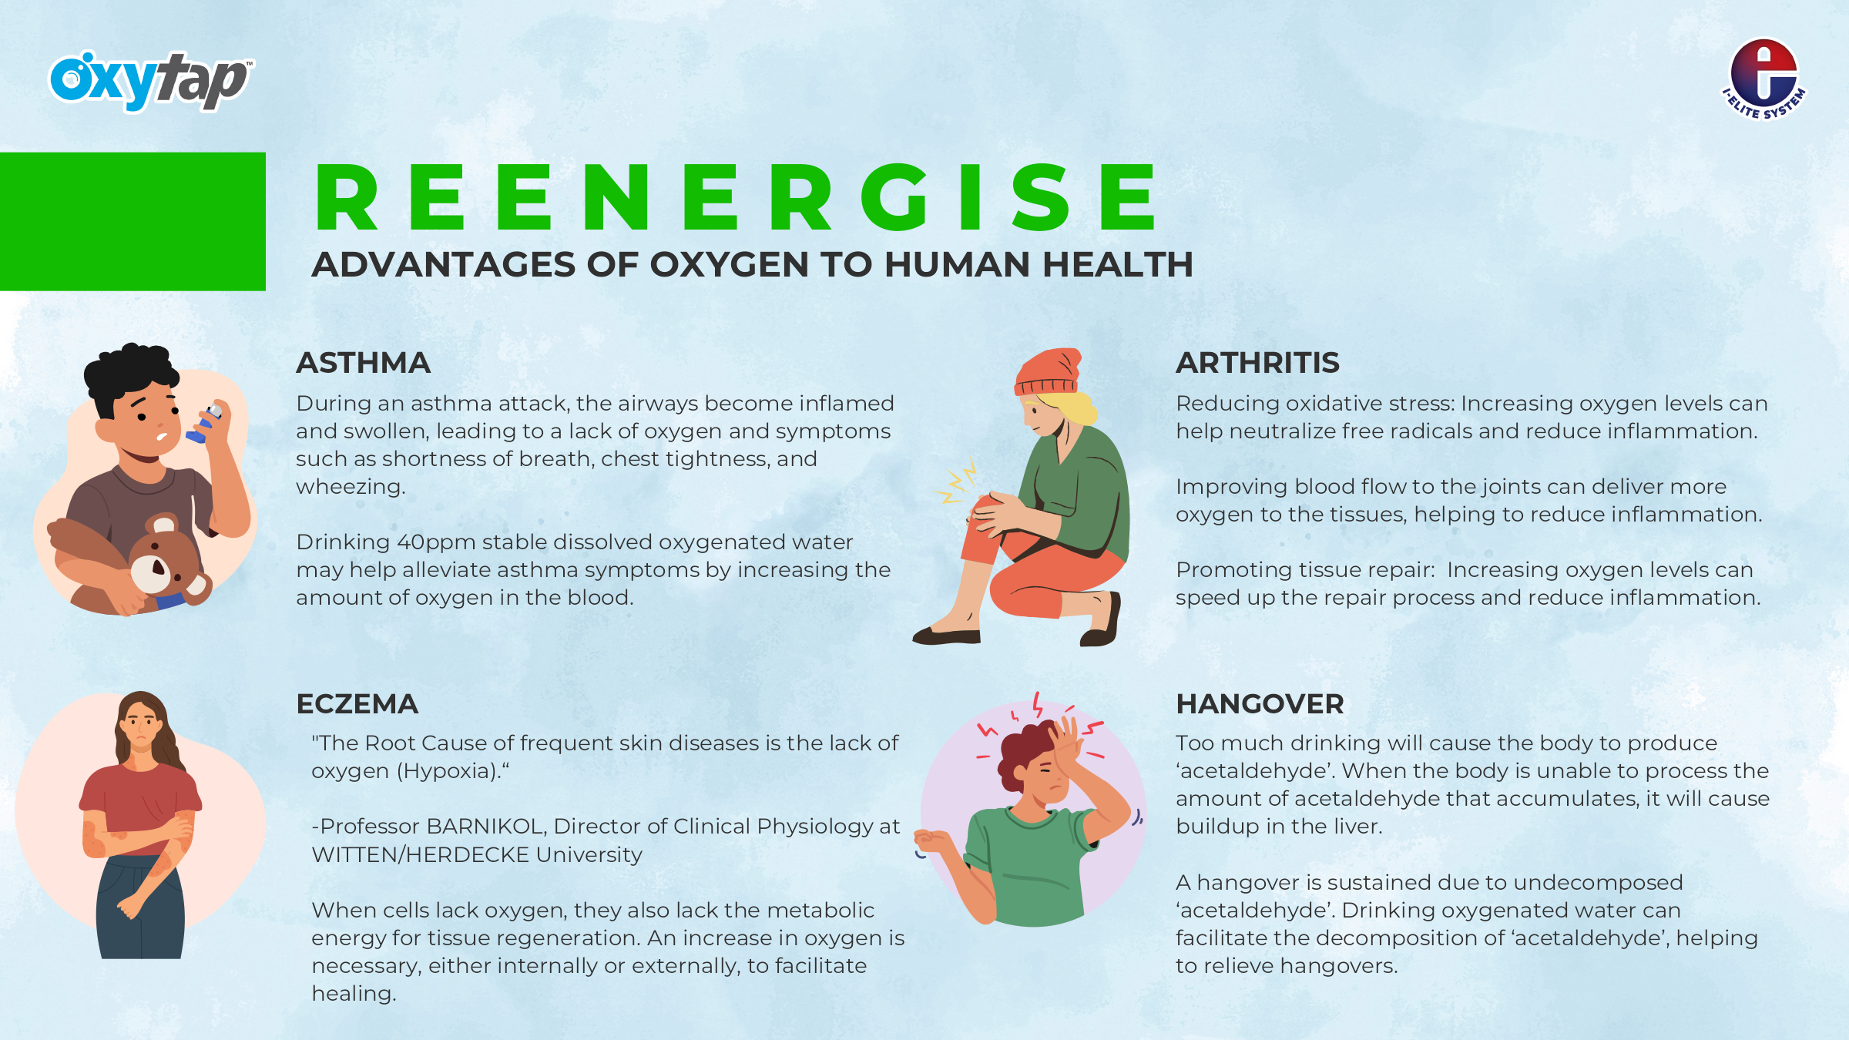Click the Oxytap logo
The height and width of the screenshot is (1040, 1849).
(151, 80)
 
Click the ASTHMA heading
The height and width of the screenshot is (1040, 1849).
(363, 363)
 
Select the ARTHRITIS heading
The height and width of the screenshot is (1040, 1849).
(1257, 363)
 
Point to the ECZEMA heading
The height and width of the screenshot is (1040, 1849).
(357, 704)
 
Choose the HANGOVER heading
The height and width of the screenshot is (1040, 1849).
(1260, 704)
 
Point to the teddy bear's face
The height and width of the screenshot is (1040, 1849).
(157, 566)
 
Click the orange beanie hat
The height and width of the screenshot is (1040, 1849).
(1049, 372)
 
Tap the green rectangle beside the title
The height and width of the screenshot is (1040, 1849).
(133, 222)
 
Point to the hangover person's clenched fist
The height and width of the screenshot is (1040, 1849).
(932, 840)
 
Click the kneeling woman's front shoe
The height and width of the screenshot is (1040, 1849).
(946, 636)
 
